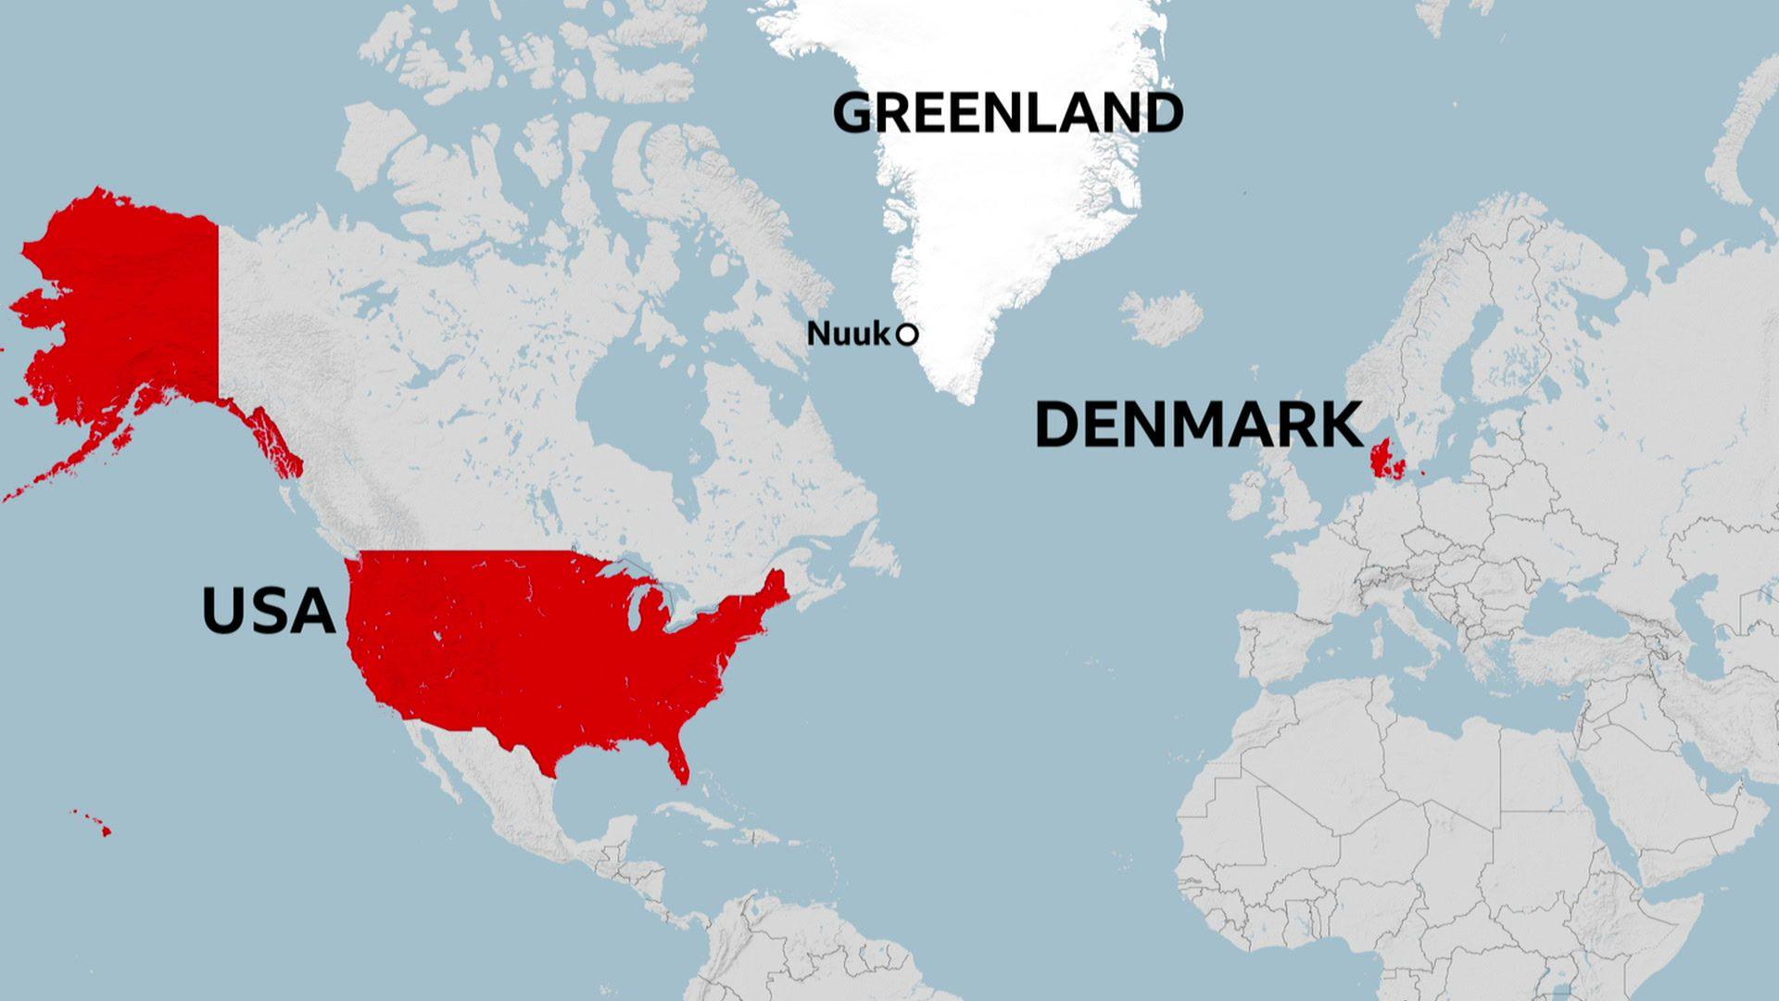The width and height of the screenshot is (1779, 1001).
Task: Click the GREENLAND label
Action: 1008,113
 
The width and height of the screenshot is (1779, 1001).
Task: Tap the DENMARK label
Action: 1198,425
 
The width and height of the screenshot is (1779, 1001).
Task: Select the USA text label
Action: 268,612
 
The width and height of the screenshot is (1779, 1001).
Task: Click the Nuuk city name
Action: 848,334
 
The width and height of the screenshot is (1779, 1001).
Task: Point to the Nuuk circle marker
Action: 907,335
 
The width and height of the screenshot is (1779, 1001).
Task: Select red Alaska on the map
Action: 130,306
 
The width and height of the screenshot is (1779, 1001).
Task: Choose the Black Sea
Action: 1575,607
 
